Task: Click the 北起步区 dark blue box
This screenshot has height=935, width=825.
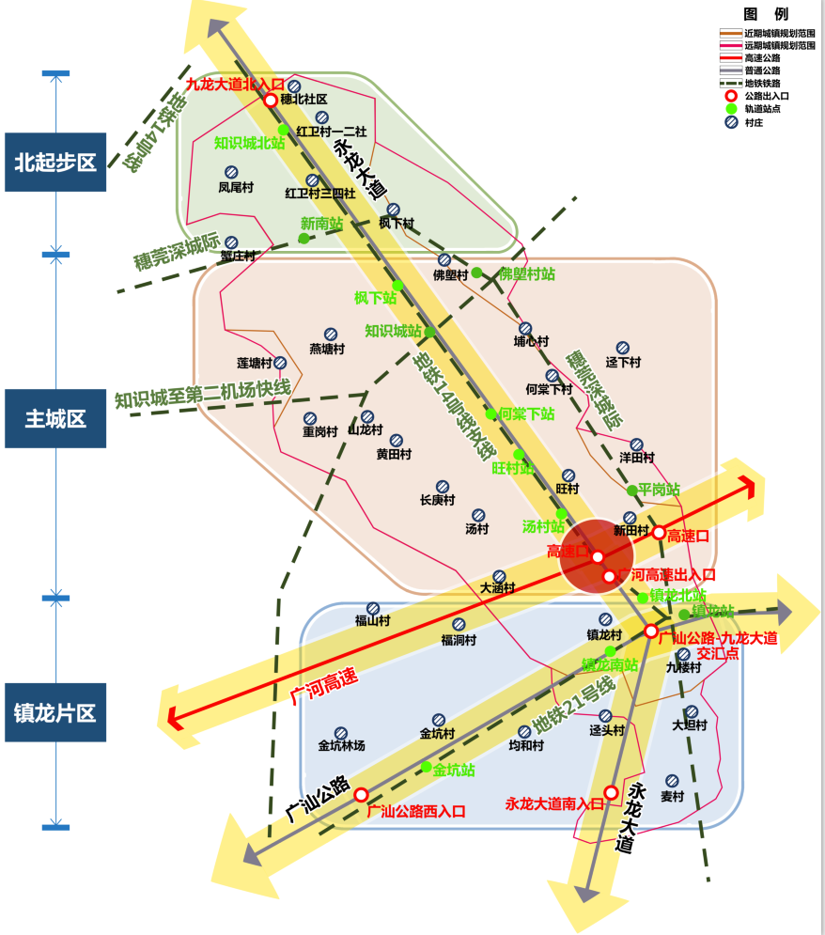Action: point(55,163)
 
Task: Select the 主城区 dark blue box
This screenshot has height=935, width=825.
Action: point(55,419)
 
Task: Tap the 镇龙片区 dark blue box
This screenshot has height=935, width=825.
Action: point(55,713)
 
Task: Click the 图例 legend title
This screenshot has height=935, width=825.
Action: point(766,14)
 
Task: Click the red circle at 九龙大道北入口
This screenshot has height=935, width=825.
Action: point(271,100)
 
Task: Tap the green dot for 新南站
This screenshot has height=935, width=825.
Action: point(304,239)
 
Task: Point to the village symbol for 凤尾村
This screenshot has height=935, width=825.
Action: point(231,172)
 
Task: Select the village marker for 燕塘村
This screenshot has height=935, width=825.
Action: point(331,334)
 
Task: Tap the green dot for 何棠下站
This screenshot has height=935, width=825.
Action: point(490,413)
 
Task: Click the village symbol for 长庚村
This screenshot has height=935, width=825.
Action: point(443,487)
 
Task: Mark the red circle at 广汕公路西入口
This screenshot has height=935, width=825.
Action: point(361,795)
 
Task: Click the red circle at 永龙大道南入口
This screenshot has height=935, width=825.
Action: point(611,792)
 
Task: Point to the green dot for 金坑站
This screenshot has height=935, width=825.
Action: point(426,768)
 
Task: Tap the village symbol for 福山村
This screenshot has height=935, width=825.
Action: point(372,608)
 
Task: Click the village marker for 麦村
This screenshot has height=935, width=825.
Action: point(672,780)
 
